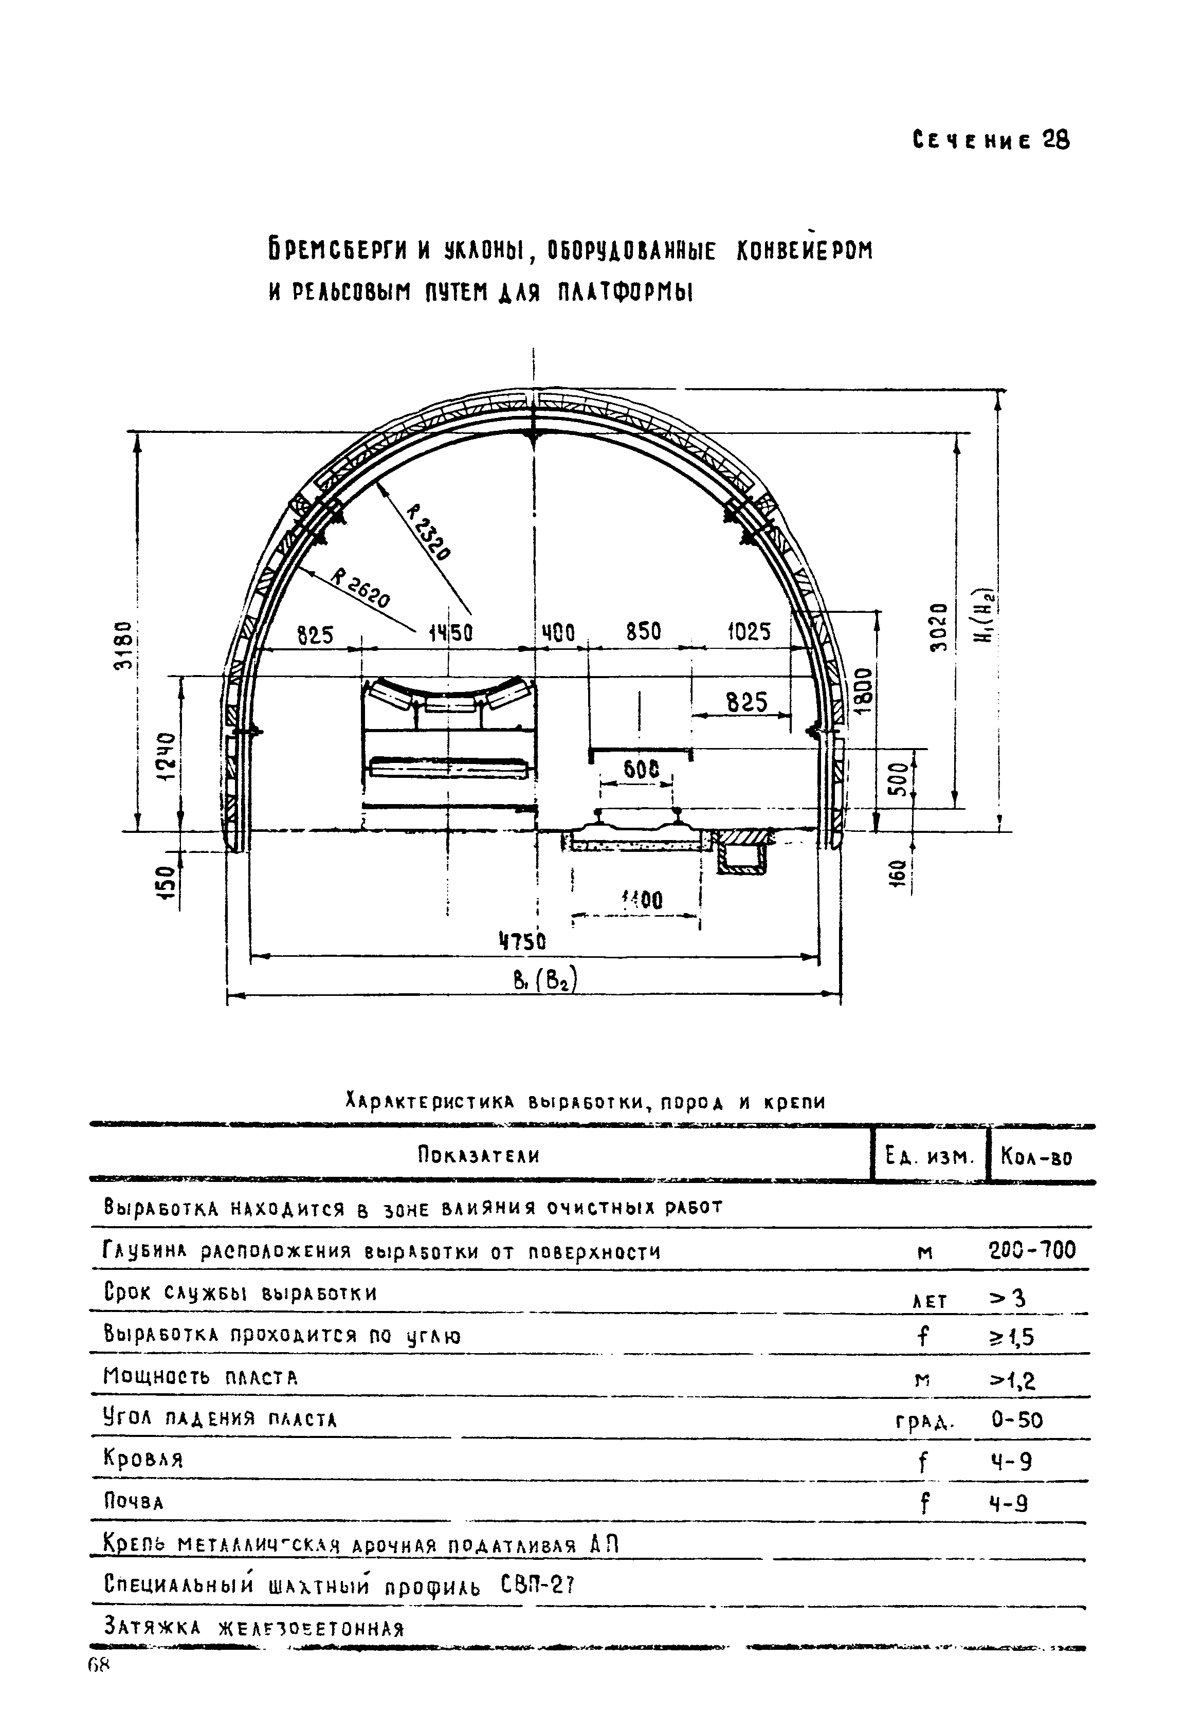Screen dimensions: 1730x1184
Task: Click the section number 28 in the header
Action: (1055, 140)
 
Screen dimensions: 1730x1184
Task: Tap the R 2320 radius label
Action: (429, 532)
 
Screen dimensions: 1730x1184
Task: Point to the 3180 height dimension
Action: (126, 645)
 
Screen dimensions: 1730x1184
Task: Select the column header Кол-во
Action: (1036, 1157)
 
